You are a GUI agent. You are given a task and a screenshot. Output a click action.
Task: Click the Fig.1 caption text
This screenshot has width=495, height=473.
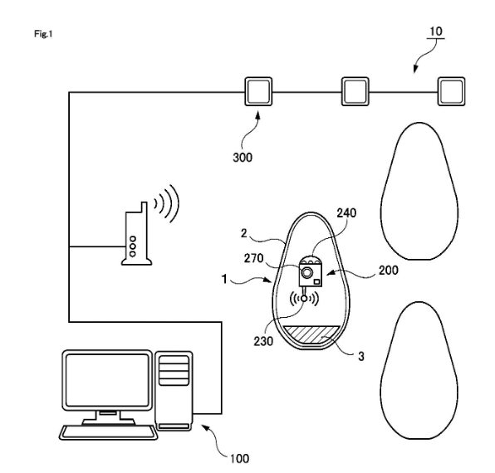click(43, 33)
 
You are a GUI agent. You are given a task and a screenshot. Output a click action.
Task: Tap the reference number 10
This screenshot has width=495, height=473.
click(436, 32)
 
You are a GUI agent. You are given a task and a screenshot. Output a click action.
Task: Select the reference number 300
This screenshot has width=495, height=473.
click(243, 158)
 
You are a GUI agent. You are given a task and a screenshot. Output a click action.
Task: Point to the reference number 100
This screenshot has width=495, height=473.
click(239, 458)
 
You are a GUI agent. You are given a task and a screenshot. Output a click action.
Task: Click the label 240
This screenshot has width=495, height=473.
click(346, 213)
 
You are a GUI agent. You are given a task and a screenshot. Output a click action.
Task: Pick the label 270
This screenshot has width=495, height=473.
click(254, 259)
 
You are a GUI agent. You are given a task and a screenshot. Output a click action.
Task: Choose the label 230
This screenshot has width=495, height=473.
click(263, 341)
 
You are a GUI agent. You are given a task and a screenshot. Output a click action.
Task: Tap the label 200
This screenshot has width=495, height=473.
click(389, 271)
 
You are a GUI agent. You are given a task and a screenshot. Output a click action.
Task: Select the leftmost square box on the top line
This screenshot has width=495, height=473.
click(258, 91)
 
